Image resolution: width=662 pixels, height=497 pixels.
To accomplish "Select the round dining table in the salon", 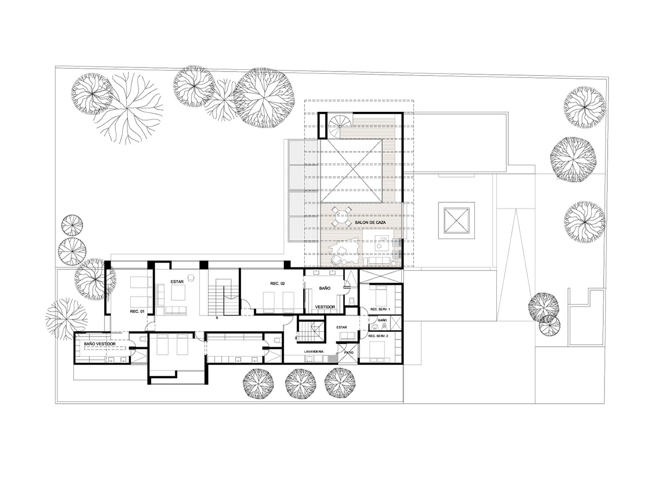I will tap(342, 216).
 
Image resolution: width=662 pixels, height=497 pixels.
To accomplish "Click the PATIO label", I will tap(348, 352).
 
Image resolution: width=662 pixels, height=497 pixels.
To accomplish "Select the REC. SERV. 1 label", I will tap(379, 309).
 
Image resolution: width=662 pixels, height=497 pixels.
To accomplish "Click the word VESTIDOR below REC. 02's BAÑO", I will tap(325, 307).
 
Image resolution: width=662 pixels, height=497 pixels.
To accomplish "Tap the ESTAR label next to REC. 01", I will tap(177, 281).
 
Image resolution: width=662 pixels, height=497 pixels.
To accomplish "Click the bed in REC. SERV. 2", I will tap(379, 352).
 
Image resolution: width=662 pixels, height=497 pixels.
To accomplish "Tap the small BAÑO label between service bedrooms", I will tap(382, 320).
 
